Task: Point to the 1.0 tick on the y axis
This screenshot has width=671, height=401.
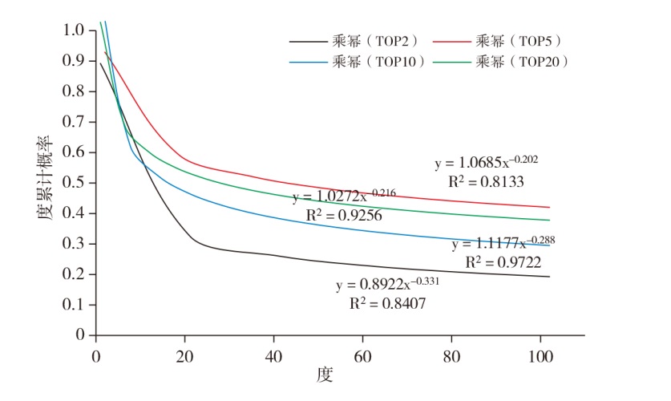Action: tap(74, 30)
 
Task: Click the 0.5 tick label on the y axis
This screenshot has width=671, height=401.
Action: tap(74, 183)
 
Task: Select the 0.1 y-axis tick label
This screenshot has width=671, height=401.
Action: tap(74, 305)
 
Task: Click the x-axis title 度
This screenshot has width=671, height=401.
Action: tap(324, 374)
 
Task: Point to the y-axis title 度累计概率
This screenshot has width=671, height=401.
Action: tap(45, 183)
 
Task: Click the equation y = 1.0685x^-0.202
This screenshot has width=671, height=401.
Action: tap(486, 163)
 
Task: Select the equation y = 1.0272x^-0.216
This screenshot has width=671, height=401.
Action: tap(344, 196)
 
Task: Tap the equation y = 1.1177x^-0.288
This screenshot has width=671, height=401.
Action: tap(503, 243)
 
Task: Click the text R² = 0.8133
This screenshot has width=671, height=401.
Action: tap(487, 182)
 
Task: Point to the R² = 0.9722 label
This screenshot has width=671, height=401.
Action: tap(503, 262)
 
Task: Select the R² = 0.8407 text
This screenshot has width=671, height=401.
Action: tap(387, 304)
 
